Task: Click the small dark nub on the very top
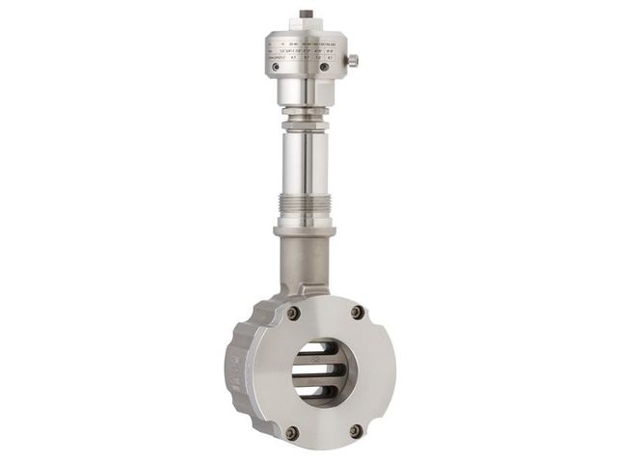point(307,14)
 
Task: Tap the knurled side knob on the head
point(352,61)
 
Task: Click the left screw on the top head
point(277,67)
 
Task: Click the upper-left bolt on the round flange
point(293,313)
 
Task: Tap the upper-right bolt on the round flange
point(358,312)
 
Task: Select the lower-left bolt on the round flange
point(292,431)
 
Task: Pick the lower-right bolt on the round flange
point(356,430)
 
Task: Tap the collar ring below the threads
point(306,230)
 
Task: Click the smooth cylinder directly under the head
point(306,93)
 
